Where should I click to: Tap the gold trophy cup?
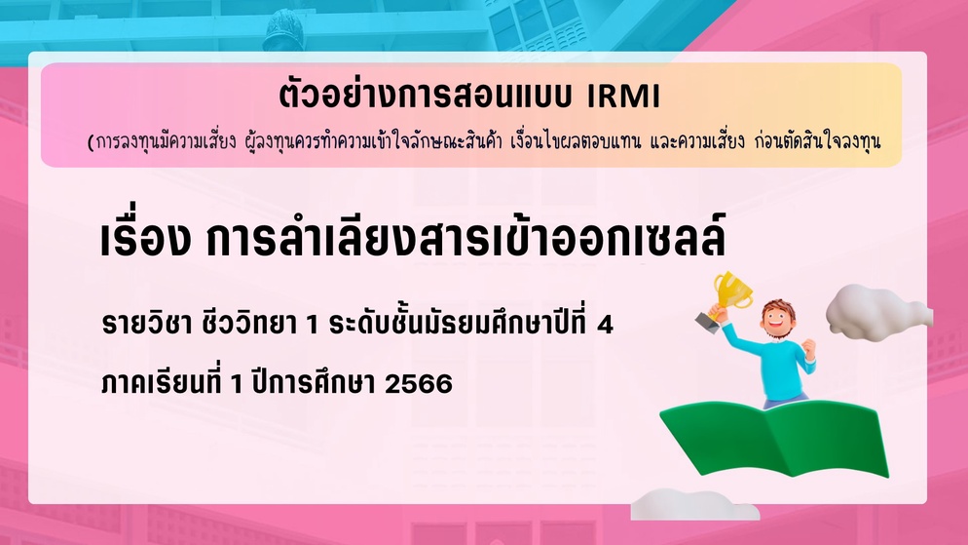732,290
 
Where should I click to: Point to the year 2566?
419,384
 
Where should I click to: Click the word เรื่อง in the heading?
145,239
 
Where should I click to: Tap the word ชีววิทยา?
250,323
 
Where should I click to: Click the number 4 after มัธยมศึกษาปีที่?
605,325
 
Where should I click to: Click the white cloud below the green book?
694,504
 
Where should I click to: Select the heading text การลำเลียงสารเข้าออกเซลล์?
466,237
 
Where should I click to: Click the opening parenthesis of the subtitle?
91,142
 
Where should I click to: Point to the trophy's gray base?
707,322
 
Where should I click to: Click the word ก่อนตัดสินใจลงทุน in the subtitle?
817,142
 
